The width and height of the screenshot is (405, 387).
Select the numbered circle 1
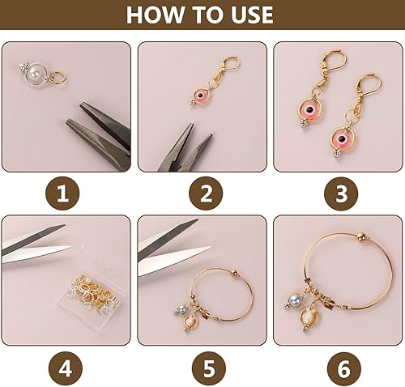[x=68, y=193]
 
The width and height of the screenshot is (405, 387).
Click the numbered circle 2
[x=202, y=193]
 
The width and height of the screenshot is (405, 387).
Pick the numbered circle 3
[x=337, y=193]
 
